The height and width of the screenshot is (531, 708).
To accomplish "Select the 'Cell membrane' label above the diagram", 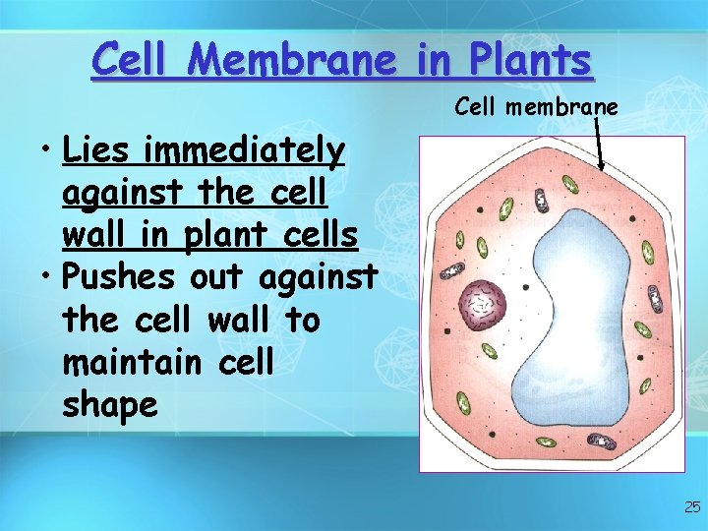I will coord(536,106).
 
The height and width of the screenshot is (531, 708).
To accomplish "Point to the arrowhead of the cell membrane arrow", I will coord(602,169).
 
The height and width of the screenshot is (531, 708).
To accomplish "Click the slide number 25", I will coord(692,507).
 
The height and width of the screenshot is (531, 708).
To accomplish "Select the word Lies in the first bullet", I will coord(97,152).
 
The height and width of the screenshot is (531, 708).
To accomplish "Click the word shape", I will coord(109,405).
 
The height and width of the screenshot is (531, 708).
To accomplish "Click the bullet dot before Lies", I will coord(46,154).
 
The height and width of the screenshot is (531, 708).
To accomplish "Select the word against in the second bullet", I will coord(317,278).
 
